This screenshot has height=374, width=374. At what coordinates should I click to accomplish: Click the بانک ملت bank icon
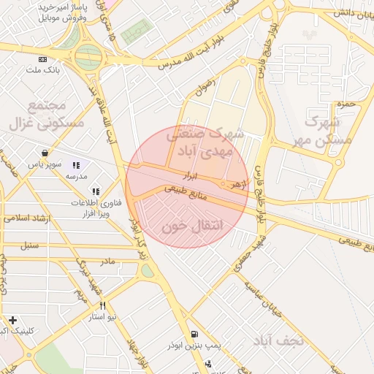coord(43,59)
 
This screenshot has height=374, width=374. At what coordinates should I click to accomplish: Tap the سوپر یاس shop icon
coord(46,153)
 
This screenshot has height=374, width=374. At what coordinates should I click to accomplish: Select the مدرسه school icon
coord(77,166)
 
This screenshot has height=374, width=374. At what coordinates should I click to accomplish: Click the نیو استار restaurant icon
coord(103,306)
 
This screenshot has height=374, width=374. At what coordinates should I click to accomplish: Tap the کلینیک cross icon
coord(13,320)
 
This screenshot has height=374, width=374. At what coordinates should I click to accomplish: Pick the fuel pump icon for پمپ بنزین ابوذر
coord(193,336)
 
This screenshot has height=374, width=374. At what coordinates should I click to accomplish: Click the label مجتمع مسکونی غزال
coord(46,113)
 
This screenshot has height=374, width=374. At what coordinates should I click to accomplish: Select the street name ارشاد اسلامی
coord(25,218)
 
